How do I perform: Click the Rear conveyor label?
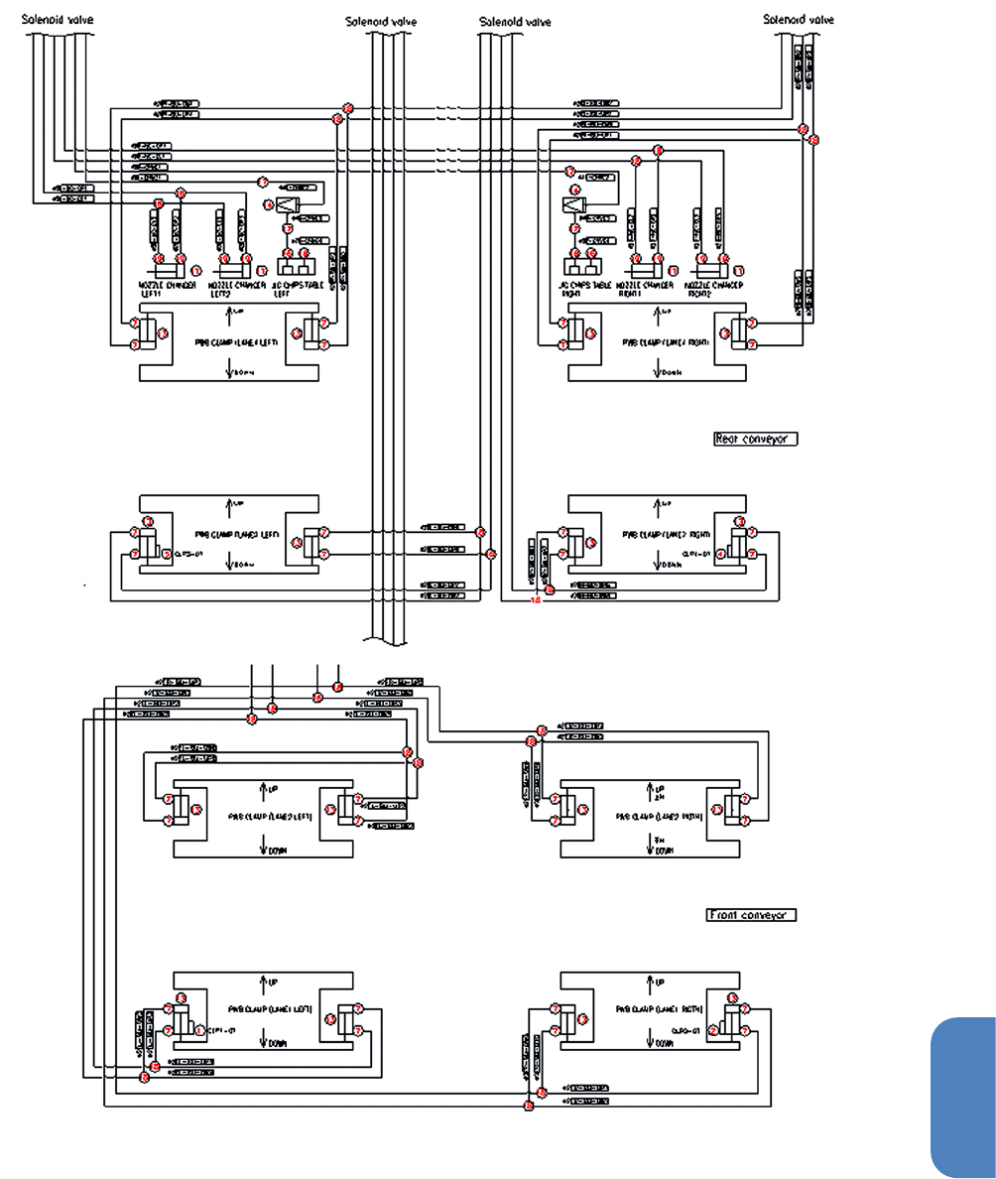pos(755,439)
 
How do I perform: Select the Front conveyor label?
pos(751,915)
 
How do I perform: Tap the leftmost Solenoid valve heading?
pos(59,19)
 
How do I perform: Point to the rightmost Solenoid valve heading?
pos(799,19)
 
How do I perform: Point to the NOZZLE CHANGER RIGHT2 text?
pos(714,288)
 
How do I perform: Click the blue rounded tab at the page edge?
pos(963,1092)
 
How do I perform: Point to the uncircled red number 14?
pos(536,600)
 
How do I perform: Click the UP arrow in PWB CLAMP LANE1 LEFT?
pos(264,983)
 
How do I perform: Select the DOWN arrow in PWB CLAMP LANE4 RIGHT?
pos(658,370)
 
